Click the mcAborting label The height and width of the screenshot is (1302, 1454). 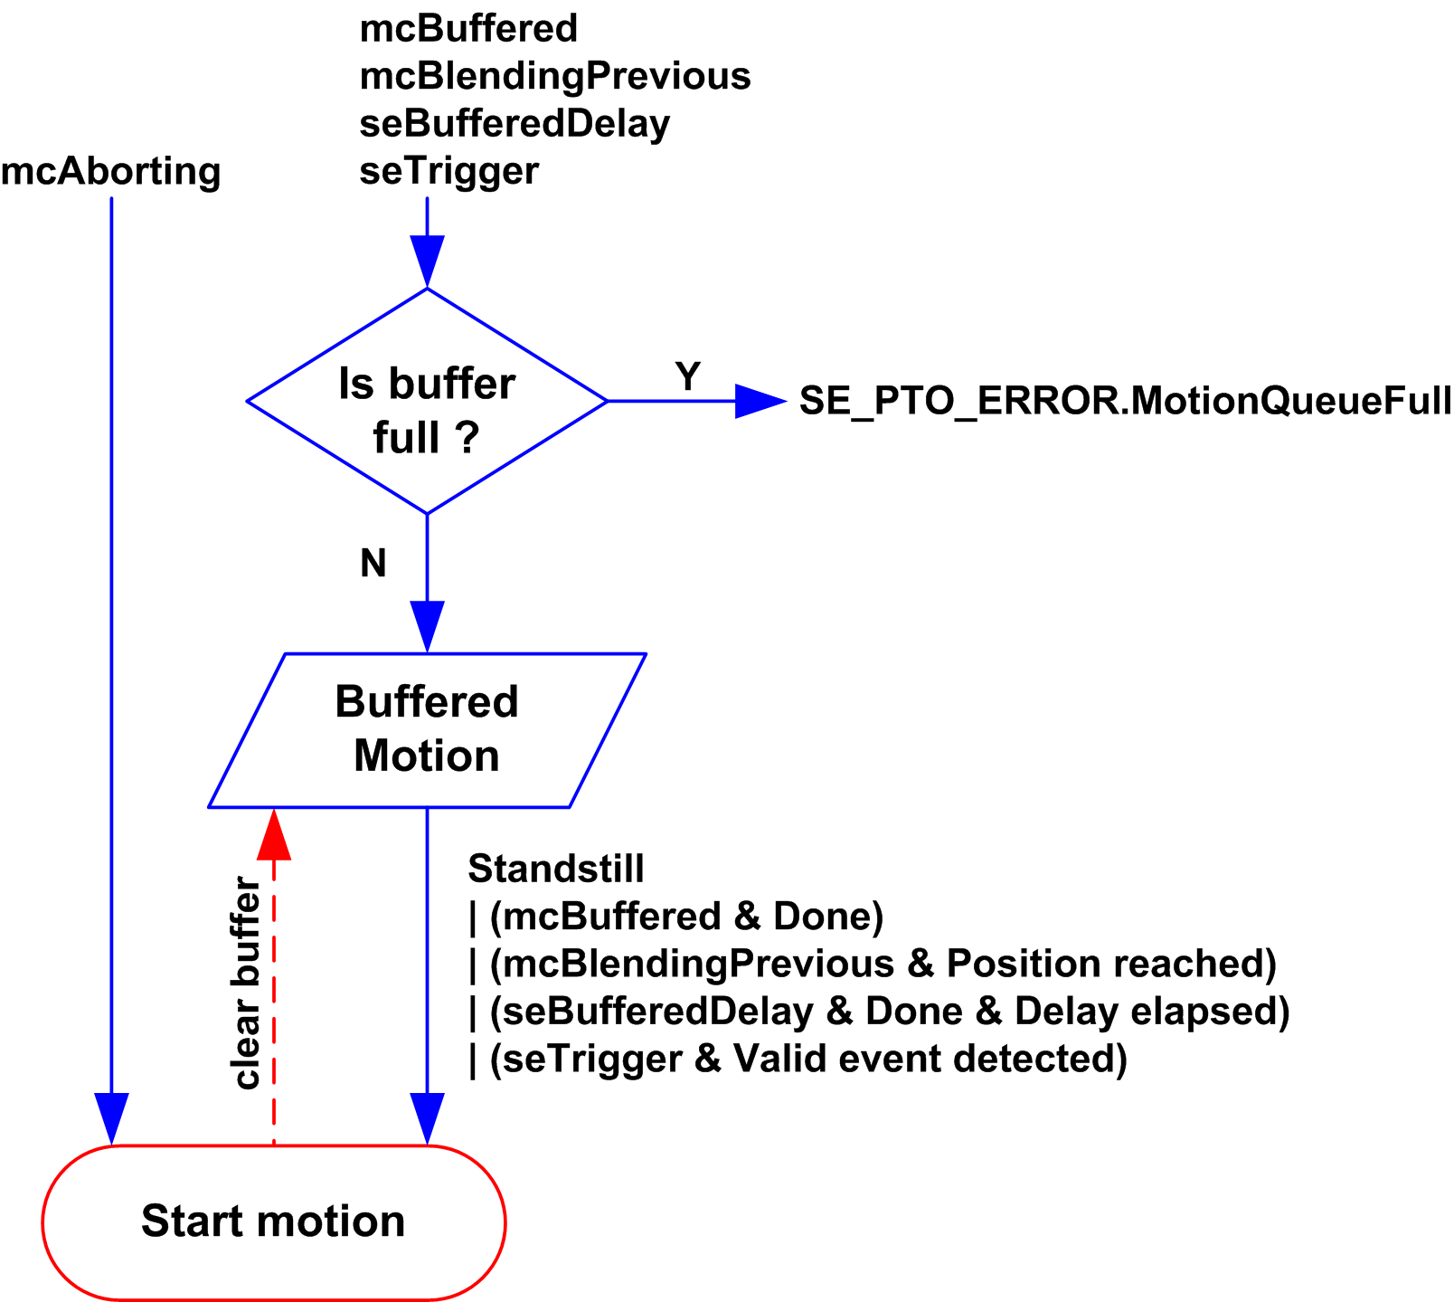[x=110, y=172]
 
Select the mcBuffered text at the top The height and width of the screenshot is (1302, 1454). [x=468, y=29]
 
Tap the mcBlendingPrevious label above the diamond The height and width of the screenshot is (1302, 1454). [x=555, y=77]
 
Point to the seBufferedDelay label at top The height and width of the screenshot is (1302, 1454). [x=515, y=124]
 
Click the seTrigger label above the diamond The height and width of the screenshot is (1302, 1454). [x=448, y=171]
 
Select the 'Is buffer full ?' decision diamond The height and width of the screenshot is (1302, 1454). [x=427, y=402]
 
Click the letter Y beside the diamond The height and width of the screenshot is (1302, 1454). [x=688, y=376]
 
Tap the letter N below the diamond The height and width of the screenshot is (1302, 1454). [x=373, y=564]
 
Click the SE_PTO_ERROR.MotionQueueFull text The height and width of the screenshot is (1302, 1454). [x=1125, y=401]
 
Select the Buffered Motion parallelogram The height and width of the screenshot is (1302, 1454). [x=427, y=729]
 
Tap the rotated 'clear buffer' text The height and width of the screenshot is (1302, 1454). [x=246, y=983]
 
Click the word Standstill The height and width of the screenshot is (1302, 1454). [x=556, y=870]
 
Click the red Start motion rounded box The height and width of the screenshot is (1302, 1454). [x=273, y=1222]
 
